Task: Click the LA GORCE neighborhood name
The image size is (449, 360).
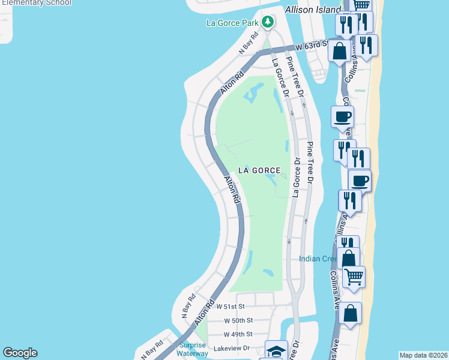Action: [259, 170]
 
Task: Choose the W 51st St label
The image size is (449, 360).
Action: [231, 306]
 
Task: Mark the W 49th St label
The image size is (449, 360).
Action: [238, 334]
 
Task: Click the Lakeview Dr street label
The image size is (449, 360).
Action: [231, 348]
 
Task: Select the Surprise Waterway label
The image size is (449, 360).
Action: [193, 349]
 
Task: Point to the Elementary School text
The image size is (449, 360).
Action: [36, 3]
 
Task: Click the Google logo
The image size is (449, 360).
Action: [20, 353]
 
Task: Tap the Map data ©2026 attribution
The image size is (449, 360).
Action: [423, 355]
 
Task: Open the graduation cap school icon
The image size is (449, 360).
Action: [277, 350]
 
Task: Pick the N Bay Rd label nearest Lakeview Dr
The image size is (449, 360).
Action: [152, 350]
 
